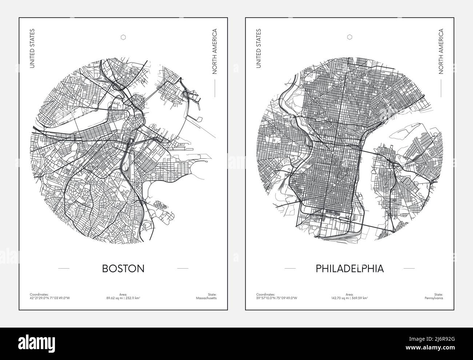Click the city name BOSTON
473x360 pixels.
(123, 269)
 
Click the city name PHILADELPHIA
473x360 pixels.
(350, 269)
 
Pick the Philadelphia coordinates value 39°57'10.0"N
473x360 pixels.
(266, 298)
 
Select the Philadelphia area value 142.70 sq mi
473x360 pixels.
(340, 298)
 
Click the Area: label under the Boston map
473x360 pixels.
(123, 294)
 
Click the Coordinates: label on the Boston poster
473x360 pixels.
(38, 294)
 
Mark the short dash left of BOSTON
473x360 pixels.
(64, 269)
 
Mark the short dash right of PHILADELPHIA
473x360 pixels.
(409, 269)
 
